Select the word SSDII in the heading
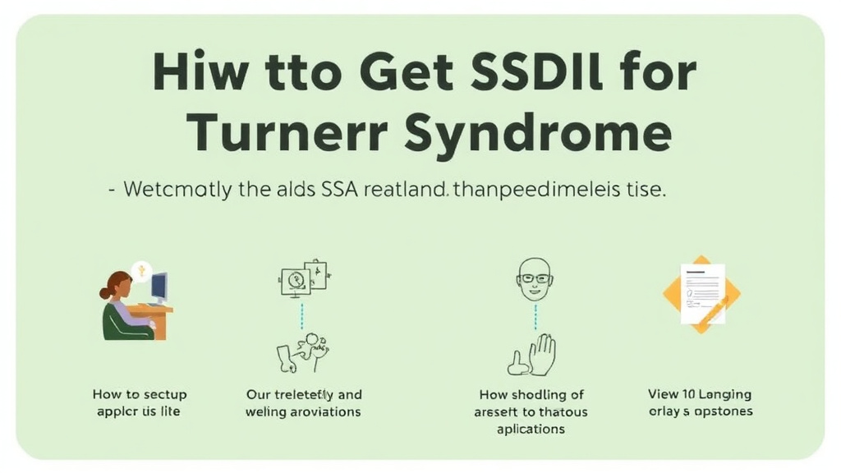[535, 74]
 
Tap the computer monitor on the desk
[159, 288]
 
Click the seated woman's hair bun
[105, 292]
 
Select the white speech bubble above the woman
[141, 270]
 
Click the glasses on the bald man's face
[535, 278]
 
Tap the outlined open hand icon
[542, 355]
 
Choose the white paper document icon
[702, 292]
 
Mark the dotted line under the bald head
[535, 315]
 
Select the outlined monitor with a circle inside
[295, 281]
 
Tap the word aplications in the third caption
[531, 429]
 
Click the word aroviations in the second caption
[326, 411]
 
